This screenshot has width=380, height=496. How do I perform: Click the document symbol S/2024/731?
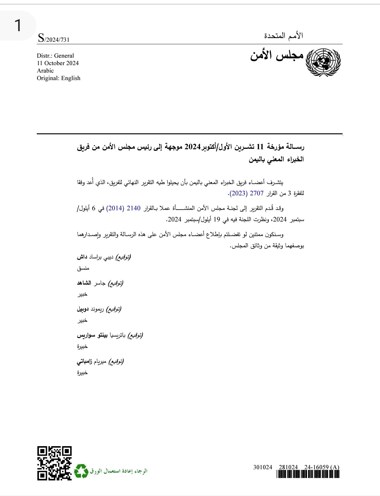[x=53, y=39]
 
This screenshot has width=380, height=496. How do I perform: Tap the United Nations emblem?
[x=323, y=62]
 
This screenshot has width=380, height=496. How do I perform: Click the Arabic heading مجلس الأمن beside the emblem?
[x=277, y=55]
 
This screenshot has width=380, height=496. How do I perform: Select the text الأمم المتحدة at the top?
[x=283, y=36]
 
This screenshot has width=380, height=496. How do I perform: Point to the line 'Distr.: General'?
[x=55, y=56]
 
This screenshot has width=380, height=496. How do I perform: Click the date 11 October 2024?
[x=58, y=63]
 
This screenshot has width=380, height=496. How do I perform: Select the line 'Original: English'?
[x=59, y=78]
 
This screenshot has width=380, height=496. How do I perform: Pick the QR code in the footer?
[x=55, y=463]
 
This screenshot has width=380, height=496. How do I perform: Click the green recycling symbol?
[x=81, y=471]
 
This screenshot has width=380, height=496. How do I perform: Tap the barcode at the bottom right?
[x=308, y=474]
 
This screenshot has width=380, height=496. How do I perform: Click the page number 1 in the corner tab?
[x=18, y=26]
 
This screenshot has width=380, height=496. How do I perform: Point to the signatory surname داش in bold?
[x=82, y=257]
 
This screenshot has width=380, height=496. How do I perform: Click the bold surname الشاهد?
[x=84, y=283]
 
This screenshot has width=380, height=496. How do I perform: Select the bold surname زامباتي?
[x=85, y=362]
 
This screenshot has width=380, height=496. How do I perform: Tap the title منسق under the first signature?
[x=83, y=268]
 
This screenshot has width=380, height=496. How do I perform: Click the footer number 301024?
[x=263, y=467]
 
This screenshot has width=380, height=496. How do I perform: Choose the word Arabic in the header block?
[x=45, y=71]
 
